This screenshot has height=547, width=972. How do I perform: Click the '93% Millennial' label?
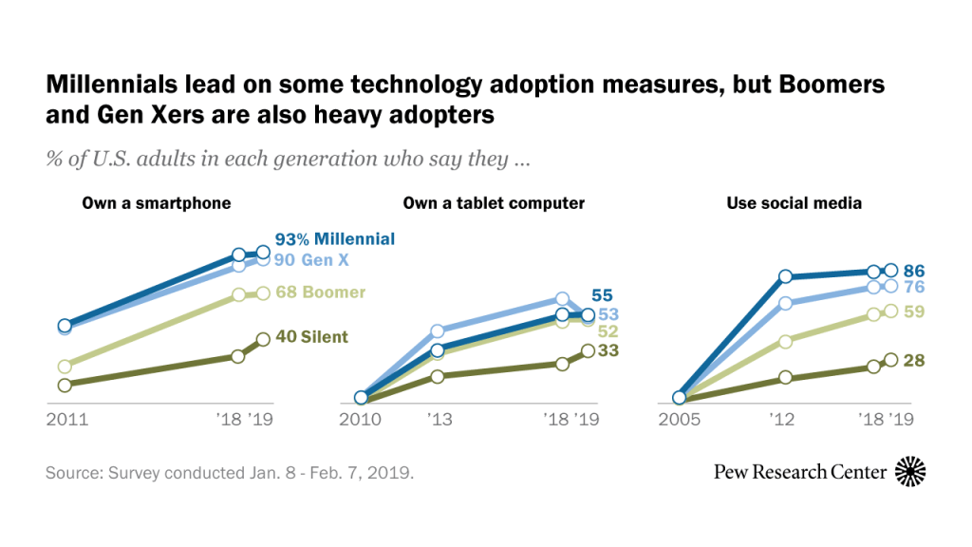pos(335,238)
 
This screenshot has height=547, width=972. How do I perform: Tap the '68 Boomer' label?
pos(321,292)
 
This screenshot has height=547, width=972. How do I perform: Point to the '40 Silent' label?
pos(312,336)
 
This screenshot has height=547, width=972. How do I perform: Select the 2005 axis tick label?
pos(679,418)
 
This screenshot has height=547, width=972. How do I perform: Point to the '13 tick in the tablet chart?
pos(439,418)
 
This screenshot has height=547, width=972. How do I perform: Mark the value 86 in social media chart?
pos(914,271)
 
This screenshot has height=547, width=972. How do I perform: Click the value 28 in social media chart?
pos(914,360)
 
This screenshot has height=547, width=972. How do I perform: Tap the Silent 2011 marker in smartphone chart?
pos(65,386)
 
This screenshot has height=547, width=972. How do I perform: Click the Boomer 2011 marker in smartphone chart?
pos(65,367)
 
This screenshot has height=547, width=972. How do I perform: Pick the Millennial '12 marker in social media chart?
pos(786,277)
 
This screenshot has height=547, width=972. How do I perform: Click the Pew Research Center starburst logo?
pos(910,471)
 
